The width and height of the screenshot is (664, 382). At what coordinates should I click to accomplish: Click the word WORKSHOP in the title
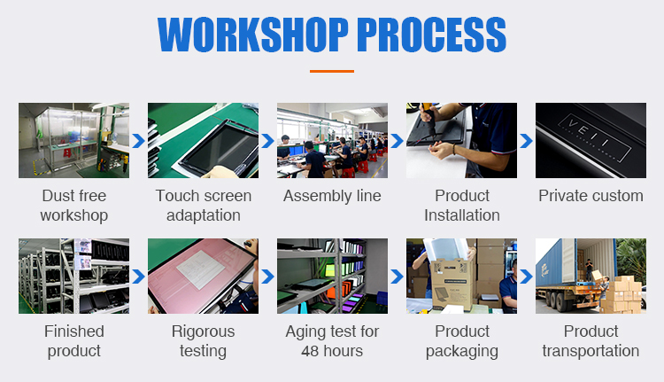[x=253, y=35]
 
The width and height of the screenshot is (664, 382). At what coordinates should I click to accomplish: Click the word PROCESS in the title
[x=431, y=35]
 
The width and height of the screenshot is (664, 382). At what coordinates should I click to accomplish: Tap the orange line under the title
[x=332, y=71]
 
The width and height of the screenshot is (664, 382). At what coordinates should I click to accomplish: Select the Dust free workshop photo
[x=73, y=140]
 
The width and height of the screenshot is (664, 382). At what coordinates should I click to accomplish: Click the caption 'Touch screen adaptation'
[x=204, y=206]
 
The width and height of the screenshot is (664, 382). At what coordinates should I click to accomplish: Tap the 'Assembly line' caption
[x=332, y=196]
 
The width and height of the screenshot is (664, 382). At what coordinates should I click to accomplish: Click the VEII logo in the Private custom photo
[x=595, y=138]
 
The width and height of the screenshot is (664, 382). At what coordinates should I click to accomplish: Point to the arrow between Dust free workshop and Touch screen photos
[x=138, y=141]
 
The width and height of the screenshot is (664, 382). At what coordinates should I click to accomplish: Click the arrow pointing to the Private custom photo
[x=526, y=141]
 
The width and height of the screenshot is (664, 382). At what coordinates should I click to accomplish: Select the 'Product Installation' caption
[x=461, y=206]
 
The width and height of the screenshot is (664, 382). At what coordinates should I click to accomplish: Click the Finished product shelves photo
[x=73, y=276]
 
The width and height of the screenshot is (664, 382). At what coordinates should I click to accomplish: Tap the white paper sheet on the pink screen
[x=200, y=269]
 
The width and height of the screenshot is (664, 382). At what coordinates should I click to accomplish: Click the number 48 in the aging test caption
[x=310, y=351]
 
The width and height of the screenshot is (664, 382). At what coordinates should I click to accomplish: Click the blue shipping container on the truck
[x=556, y=265]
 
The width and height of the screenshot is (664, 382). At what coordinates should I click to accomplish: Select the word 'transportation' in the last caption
[x=591, y=351]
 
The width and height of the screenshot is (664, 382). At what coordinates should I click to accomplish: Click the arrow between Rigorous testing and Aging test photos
[x=267, y=277]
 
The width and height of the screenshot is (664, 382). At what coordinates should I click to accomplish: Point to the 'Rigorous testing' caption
[x=204, y=341]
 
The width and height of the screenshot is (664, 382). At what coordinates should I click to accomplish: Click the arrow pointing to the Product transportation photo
[x=526, y=277]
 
